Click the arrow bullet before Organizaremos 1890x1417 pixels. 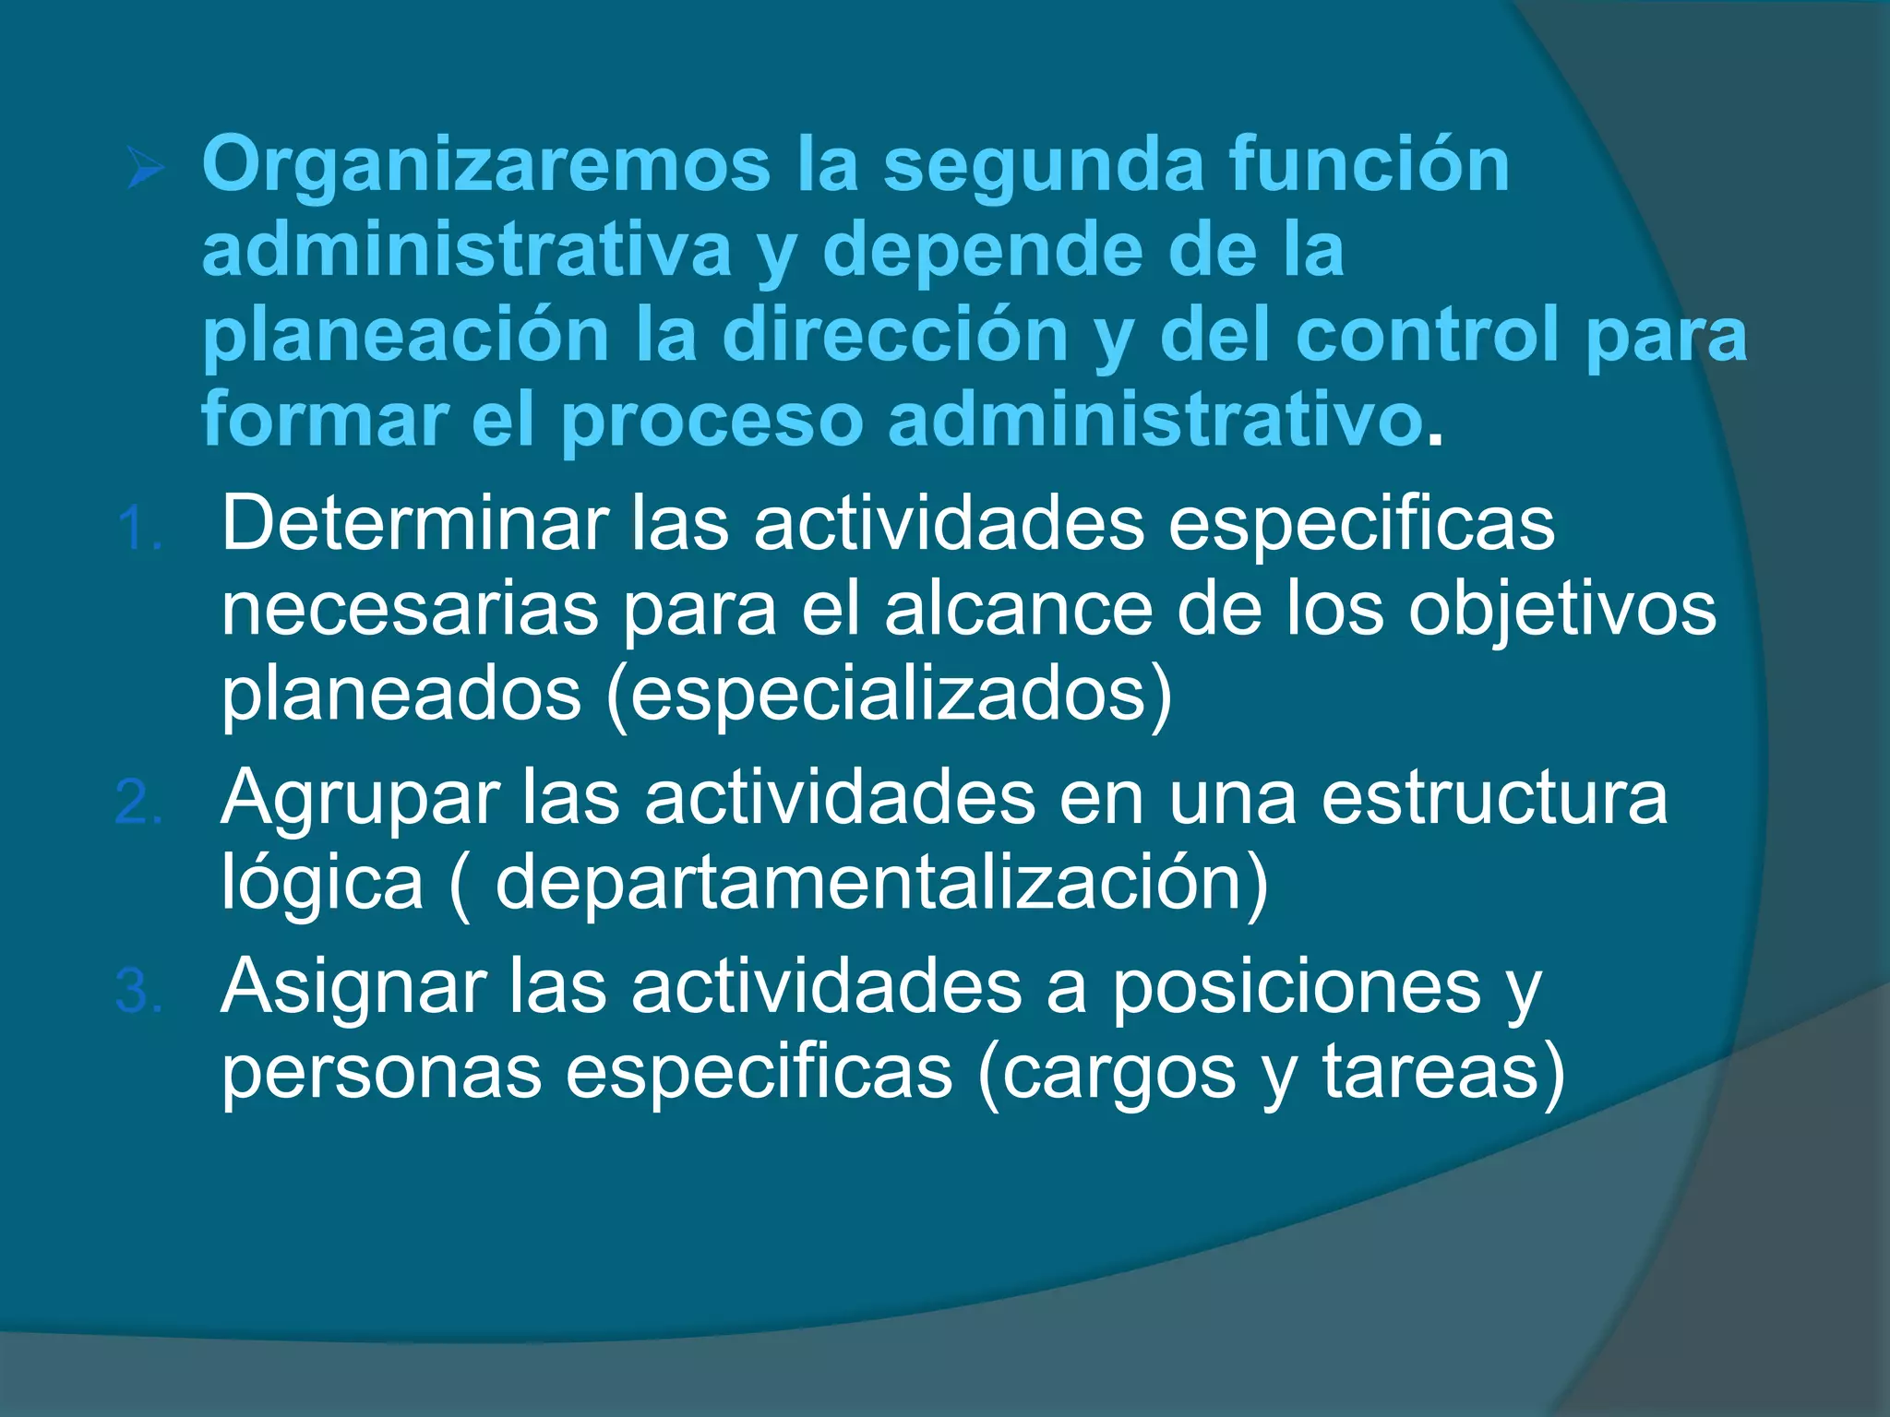(146, 170)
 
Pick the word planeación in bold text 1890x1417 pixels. (405, 336)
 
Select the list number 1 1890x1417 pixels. (139, 530)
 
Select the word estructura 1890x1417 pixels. (1494, 797)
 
